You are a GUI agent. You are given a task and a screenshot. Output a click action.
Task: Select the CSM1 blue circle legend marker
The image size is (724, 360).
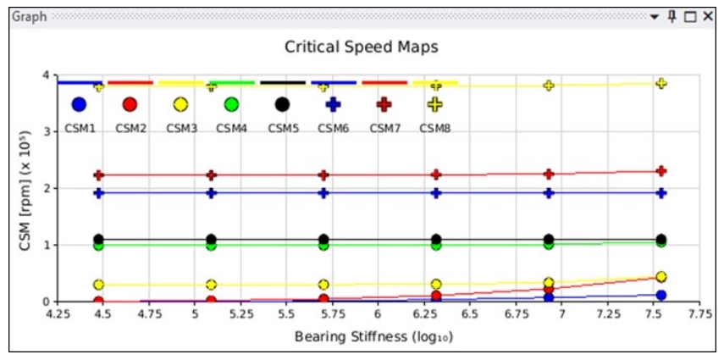click(x=79, y=104)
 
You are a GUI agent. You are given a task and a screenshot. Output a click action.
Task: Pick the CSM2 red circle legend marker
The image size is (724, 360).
click(x=130, y=104)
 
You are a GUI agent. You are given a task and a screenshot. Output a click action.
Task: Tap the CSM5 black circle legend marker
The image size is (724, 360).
click(x=282, y=104)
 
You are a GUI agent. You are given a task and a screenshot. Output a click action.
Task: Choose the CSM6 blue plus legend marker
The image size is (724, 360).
click(x=333, y=104)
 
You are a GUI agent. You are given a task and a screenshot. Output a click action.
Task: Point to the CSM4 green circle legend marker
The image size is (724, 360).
click(x=231, y=104)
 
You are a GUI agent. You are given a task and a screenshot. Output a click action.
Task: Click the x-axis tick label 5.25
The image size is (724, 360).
click(x=241, y=313)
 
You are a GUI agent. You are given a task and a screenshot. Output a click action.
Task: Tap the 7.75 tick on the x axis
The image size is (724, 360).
click(x=699, y=313)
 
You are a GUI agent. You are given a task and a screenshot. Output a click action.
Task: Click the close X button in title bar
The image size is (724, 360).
click(x=708, y=16)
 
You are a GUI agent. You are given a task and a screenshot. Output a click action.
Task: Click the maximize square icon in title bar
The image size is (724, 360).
click(x=690, y=16)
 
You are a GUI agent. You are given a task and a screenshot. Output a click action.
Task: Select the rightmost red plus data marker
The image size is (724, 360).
click(x=661, y=171)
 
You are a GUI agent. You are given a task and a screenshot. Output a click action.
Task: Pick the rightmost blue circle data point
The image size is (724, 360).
click(x=661, y=296)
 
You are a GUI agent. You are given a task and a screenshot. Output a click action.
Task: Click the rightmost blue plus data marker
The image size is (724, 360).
click(x=661, y=193)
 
